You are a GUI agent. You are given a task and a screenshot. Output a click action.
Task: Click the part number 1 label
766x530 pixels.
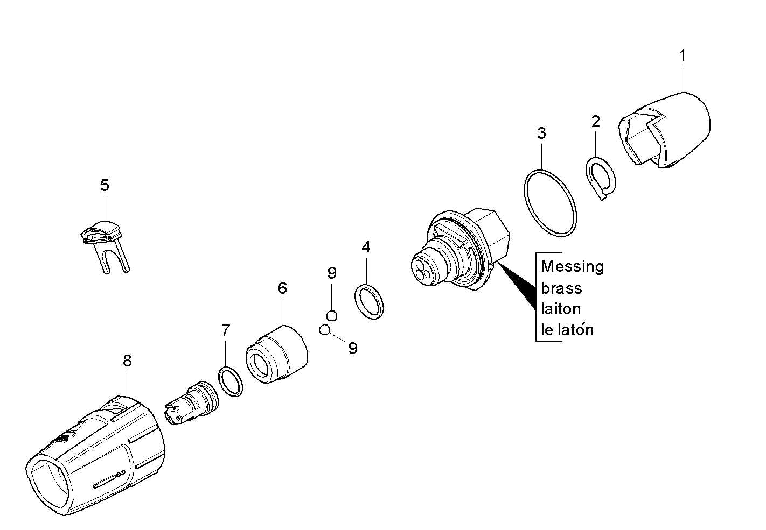coord(683,55)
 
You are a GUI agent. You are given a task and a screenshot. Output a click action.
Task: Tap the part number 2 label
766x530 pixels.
coord(595,122)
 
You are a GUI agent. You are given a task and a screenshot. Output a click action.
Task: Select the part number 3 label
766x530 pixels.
coord(541,133)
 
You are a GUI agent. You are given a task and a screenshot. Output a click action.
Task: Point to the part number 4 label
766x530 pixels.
coord(366,248)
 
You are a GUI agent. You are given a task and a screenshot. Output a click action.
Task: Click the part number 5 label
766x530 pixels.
coord(105,186)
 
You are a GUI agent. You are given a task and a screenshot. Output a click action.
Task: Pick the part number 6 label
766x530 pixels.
coord(283,288)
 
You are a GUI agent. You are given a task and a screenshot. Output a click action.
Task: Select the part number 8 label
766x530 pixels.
coord(127,361)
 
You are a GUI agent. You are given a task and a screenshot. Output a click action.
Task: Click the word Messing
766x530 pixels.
coord(572,267)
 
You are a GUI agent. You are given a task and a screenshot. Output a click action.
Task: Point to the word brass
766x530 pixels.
coord(561,288)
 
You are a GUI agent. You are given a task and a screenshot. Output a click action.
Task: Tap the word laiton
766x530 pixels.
coord(561,309)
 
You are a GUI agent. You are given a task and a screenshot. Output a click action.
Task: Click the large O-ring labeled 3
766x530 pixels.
coord(549,203)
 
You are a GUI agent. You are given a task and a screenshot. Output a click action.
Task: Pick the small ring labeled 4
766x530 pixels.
coord(370,301)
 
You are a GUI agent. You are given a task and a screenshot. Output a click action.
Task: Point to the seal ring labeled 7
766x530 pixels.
coord(231,381)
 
